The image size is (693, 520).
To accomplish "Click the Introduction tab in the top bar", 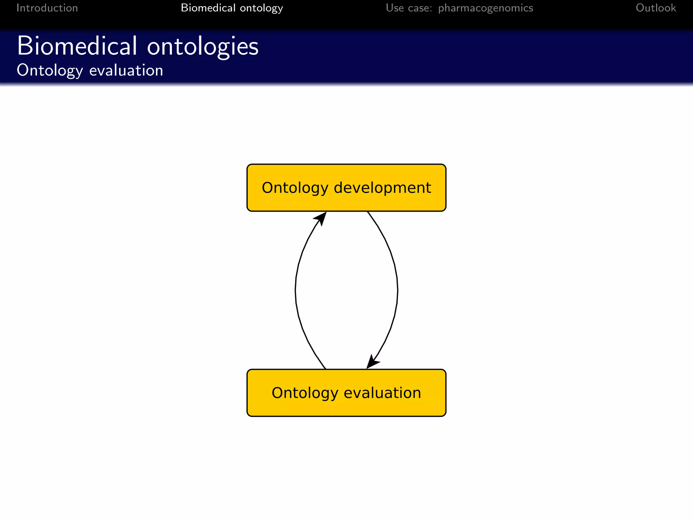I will pos(47,8).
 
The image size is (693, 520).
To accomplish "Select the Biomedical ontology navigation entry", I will pos(232,8).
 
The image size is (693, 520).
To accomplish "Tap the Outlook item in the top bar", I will pos(656,8).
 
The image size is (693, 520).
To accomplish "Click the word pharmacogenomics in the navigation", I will pos(486,8).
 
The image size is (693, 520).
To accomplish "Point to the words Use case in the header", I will pos(408,8).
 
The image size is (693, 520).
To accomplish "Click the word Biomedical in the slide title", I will pos(77,46).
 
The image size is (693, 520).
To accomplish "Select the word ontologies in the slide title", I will pos(203,47).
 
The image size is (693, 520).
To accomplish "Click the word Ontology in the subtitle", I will pos(50,70).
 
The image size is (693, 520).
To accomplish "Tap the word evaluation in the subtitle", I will pos(126,70).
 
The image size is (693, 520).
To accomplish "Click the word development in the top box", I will pos(382,188).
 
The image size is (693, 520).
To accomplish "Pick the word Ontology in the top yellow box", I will pos(295,188).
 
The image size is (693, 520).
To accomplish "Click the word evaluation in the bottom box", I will pos(382,393).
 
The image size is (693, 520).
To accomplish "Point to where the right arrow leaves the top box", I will pos(368,212).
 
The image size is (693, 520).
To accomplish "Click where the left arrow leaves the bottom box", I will pos(326,369).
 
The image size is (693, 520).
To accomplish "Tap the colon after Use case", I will pos(431,9).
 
